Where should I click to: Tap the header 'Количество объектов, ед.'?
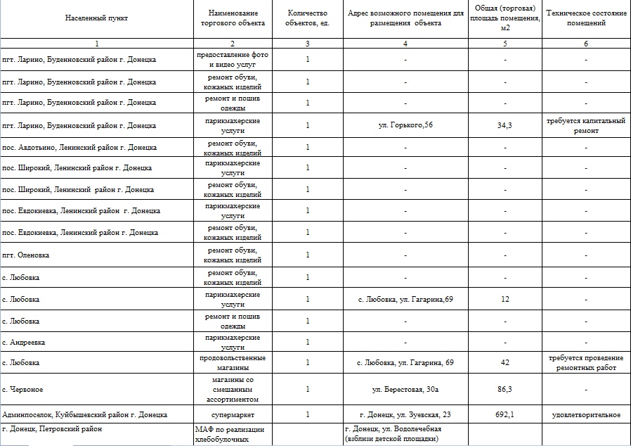click(308, 18)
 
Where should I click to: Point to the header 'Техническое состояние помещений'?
click(585, 18)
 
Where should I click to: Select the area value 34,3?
click(505, 125)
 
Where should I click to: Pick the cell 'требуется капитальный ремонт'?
click(585, 125)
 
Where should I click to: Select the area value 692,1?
click(505, 415)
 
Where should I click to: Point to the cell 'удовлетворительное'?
click(585, 415)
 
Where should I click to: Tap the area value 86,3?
click(505, 388)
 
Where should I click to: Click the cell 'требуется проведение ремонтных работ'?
click(585, 362)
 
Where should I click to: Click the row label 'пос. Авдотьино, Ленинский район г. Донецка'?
click(80, 147)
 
